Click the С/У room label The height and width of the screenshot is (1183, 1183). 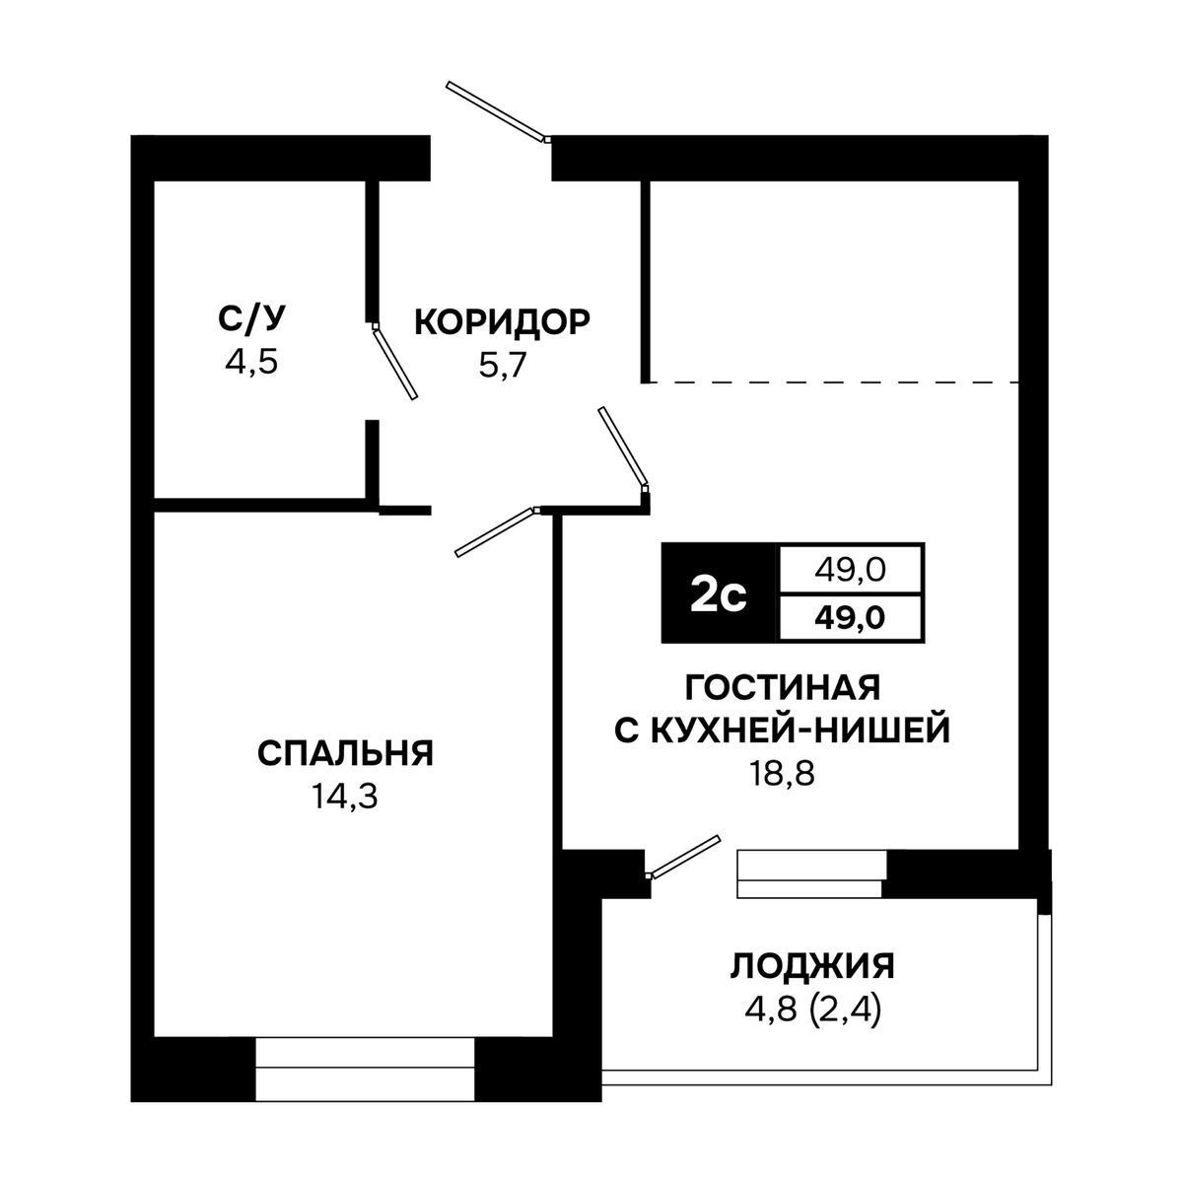[251, 319]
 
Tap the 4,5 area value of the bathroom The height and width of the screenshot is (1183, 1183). [251, 363]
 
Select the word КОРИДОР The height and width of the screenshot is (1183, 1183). [502, 321]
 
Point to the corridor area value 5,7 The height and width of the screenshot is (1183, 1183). [503, 367]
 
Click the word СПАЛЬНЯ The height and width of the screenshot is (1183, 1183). [346, 753]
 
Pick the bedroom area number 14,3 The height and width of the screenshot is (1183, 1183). [345, 797]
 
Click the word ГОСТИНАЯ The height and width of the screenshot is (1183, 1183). [783, 687]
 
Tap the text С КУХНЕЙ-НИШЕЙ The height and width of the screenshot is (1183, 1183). [783, 730]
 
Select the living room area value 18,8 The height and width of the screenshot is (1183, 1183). [782, 774]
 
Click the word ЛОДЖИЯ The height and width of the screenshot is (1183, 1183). [812, 966]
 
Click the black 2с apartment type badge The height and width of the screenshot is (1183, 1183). [719, 592]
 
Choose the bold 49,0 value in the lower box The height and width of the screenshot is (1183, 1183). [850, 617]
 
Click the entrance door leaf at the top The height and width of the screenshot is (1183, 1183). [496, 111]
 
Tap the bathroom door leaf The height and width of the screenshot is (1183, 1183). [395, 362]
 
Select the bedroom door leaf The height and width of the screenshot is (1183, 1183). [495, 531]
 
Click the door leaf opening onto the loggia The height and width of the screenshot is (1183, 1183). [683, 857]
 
